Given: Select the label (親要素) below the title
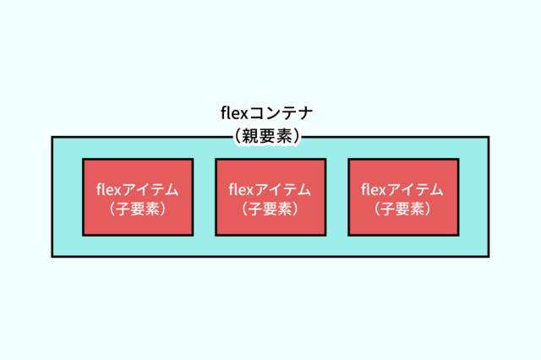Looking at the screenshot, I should pos(270,135).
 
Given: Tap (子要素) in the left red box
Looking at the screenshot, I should pos(138,207).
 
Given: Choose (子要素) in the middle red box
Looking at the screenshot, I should pos(270,207).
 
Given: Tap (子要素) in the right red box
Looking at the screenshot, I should pos(403,207).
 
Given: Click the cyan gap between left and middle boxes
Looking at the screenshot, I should pos(205,197).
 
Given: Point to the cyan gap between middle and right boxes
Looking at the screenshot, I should pos(337,197).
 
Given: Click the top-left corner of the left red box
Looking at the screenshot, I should pos(83,160).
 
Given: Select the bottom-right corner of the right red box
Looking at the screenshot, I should pos(458,234).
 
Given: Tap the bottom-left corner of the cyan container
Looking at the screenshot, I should pos(52,255).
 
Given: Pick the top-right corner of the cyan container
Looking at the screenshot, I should pos(488,137).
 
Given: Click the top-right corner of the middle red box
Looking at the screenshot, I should pos(325,160).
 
